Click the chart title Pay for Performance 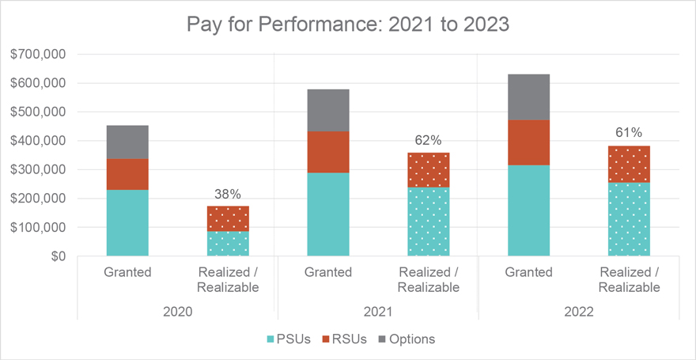348,24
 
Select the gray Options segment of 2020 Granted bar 127,142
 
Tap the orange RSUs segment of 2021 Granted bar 328,152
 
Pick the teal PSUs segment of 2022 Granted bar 528,210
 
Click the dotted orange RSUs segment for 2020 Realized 229,218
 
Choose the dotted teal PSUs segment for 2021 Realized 429,222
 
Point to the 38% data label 229,193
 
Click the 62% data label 429,140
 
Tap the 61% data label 630,132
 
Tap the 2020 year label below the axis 178,312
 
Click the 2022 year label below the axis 579,312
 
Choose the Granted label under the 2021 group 328,273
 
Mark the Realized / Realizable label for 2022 630,280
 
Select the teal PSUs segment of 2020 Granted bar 127,222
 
